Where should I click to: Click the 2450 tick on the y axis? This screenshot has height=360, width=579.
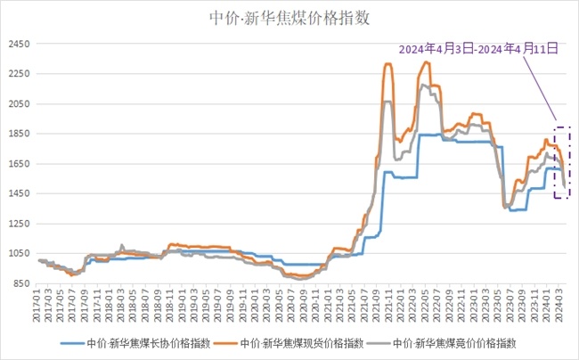(19, 44)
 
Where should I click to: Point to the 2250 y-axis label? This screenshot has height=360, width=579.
(19, 74)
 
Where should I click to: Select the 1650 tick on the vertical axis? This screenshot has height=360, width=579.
(19, 164)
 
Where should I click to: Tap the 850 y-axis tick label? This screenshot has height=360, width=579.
(21, 283)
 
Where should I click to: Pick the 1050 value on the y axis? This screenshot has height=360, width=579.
(19, 253)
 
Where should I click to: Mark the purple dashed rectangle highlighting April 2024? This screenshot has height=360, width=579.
(561, 162)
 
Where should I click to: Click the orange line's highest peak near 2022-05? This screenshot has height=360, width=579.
(427, 62)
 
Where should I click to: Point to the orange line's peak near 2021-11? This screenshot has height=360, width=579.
(388, 64)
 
